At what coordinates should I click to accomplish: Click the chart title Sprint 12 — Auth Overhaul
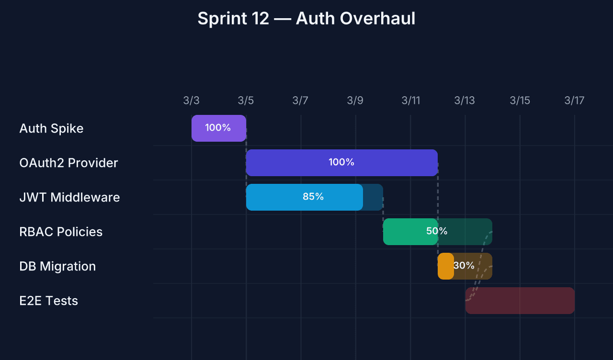[x=306, y=19]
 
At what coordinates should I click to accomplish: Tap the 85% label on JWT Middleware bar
[x=313, y=197]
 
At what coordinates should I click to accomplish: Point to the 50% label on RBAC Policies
[x=437, y=231]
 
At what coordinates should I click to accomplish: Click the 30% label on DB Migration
[x=464, y=266]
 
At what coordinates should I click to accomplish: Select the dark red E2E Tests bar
[x=520, y=301]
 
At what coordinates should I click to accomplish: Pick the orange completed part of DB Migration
[x=445, y=266]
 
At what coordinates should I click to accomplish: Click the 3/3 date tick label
[x=191, y=101]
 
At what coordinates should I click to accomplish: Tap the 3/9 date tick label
[x=355, y=101]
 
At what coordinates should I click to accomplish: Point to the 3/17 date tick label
[x=574, y=101]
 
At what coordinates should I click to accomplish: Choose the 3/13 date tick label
[x=465, y=101]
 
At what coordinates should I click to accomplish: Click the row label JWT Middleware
[x=69, y=197]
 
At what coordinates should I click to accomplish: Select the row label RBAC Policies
[x=61, y=232]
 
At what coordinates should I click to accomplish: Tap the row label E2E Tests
[x=48, y=301]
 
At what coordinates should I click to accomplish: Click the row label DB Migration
[x=57, y=266]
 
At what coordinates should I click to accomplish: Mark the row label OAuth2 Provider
[x=68, y=163]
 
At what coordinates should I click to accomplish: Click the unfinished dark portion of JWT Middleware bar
[x=373, y=197]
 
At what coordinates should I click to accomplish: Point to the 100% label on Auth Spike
[x=218, y=128]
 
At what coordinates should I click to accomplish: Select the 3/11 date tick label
[x=410, y=101]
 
